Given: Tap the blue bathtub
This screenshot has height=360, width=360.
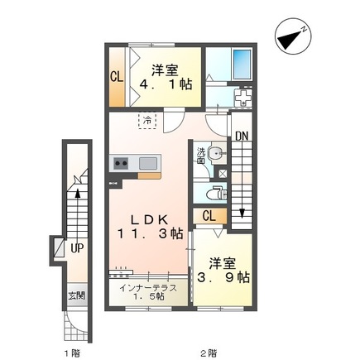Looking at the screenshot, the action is coord(242,65).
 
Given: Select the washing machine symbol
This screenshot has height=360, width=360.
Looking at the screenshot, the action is coord(242,98).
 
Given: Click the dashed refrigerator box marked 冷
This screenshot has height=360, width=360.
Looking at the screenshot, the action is coord(147,120).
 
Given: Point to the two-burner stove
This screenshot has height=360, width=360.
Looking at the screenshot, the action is coord(121,163).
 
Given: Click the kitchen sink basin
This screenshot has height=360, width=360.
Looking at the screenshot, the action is coord(148,163).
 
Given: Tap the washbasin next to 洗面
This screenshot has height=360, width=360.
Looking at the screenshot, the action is coord(217,153).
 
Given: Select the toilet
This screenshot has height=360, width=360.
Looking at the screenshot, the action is coord(217,194).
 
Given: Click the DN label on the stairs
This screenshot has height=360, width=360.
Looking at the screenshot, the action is coord(242,136).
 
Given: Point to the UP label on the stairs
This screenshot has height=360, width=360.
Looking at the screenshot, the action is coord(77,249).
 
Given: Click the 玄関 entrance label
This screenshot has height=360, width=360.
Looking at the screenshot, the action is coord(76,296).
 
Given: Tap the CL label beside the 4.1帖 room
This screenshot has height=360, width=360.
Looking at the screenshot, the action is coord(117,77).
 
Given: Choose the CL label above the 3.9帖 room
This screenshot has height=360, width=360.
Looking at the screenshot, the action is coord(209,216).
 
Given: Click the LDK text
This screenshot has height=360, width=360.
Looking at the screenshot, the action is coord(149,220).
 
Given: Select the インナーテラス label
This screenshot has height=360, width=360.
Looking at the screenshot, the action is coord(148,288).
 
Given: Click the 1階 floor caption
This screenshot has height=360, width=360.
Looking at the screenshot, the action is coord(73,353).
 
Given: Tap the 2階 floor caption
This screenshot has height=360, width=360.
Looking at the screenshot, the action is coord(209,353).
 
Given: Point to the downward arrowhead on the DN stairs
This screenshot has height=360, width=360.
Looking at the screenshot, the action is coord(242,214).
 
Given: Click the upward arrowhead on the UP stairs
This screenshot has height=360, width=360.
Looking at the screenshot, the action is coord(78,193).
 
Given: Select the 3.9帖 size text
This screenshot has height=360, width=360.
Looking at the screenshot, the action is coord(223,277).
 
